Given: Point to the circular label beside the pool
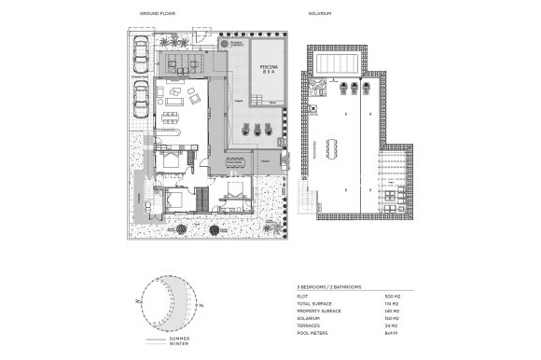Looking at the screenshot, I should [231, 43].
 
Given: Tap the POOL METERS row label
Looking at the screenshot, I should [315, 332].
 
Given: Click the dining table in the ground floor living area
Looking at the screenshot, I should [171, 117].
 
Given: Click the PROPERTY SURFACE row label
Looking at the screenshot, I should [319, 311].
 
